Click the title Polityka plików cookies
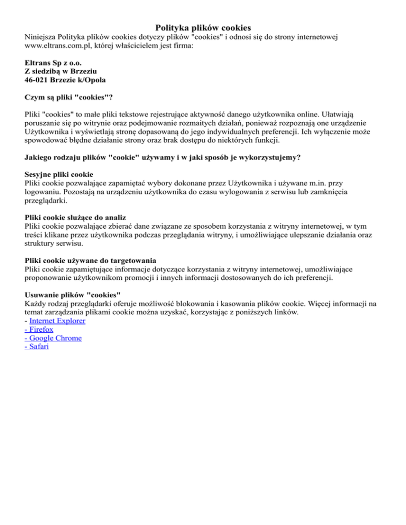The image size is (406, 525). pos(203,27)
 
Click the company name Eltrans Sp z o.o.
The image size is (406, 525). pos(53,62)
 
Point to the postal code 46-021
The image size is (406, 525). pos(38,80)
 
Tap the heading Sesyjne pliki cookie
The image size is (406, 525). pos(59,174)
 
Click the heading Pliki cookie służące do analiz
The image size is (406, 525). pos(76,217)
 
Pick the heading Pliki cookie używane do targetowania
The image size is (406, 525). pos(90,260)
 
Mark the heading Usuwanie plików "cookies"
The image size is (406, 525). pos(73,295)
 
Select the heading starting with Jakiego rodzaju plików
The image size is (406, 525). pos(167,157)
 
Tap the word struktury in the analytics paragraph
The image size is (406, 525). pos(40,245)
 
